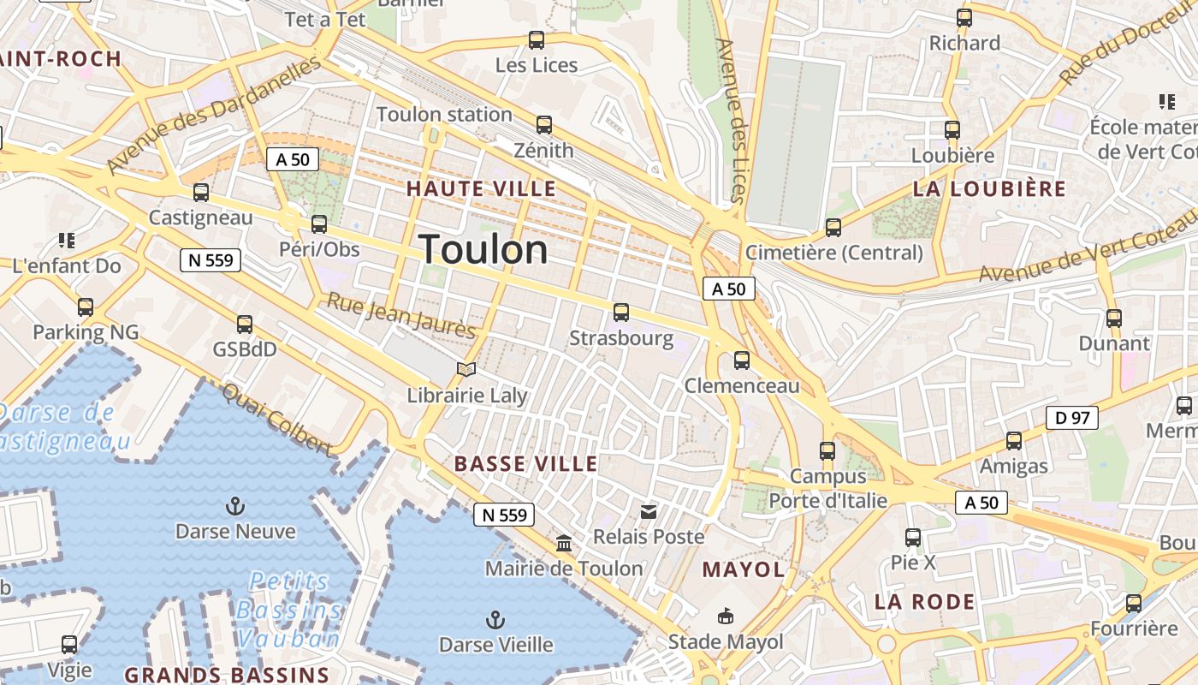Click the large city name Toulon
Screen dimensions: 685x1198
pyautogui.click(x=484, y=250)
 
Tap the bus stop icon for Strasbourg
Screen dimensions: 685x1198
pyautogui.click(x=621, y=313)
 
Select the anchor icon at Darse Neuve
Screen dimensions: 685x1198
pyautogui.click(x=235, y=506)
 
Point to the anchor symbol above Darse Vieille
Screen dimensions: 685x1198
pyautogui.click(x=495, y=619)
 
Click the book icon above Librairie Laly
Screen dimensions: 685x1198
pyautogui.click(x=466, y=369)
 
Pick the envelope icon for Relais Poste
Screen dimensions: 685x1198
pyautogui.click(x=649, y=512)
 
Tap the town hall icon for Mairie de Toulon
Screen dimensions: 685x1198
pyautogui.click(x=564, y=543)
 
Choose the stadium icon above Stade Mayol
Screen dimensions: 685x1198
pyautogui.click(x=726, y=616)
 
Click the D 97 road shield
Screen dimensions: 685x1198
pyautogui.click(x=1071, y=418)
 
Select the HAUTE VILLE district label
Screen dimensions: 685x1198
pyautogui.click(x=481, y=188)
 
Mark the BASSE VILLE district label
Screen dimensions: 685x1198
pyautogui.click(x=525, y=464)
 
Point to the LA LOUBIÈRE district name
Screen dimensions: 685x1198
pyautogui.click(x=989, y=189)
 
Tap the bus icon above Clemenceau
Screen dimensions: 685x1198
pyautogui.click(x=742, y=360)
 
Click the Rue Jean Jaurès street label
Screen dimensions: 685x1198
pyautogui.click(x=401, y=316)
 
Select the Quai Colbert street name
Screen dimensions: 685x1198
pyautogui.click(x=276, y=420)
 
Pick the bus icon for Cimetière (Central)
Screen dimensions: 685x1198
pyautogui.click(x=833, y=228)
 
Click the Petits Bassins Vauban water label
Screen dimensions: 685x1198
pyautogui.click(x=289, y=610)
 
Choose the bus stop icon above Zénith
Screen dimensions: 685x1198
pyautogui.click(x=544, y=125)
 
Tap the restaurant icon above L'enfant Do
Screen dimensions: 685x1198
pyautogui.click(x=66, y=241)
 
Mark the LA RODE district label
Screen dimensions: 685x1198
pyautogui.click(x=924, y=602)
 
